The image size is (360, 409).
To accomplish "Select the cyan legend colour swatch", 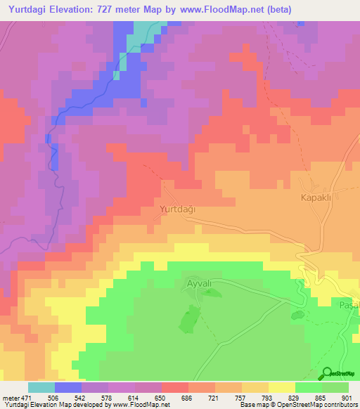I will click(x=41, y=387).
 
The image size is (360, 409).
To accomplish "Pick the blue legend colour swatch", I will click(x=68, y=387).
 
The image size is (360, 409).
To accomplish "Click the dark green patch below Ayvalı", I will click(x=187, y=320).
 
